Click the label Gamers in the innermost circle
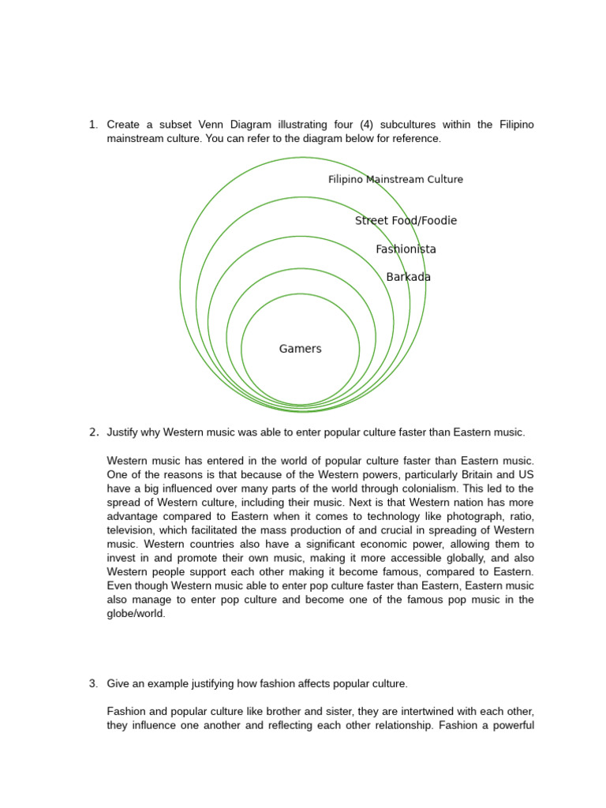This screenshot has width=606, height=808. point(300,349)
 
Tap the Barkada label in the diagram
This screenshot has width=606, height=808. point(408,277)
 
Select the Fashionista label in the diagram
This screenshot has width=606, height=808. point(406,249)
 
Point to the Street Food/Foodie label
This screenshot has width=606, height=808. point(406,220)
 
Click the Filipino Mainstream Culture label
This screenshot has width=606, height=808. point(395,179)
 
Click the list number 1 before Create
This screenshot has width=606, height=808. point(92,125)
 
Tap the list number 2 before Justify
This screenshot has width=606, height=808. point(92,432)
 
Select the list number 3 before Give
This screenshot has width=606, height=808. point(92,683)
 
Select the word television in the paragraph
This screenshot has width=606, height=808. point(133,530)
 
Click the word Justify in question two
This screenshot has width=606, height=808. point(125,432)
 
